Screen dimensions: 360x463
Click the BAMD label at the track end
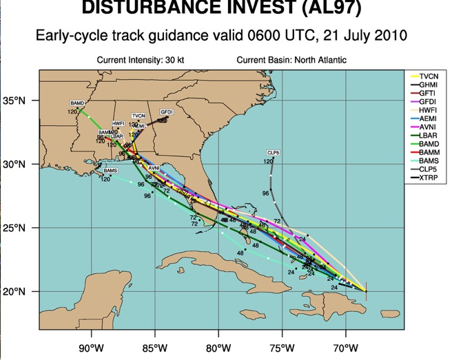(76, 103)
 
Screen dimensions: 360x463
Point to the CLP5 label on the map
(273, 152)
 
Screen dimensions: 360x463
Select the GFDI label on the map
(166, 112)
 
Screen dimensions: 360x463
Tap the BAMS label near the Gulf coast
(110, 170)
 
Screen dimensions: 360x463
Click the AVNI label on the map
(154, 168)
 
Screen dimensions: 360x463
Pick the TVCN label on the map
(138, 116)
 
